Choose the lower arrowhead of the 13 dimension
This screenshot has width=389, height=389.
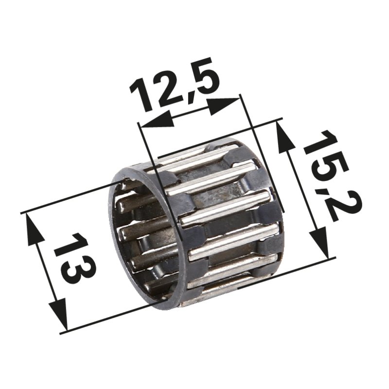tap(59, 317)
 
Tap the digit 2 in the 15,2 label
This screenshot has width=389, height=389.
tap(340, 204)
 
